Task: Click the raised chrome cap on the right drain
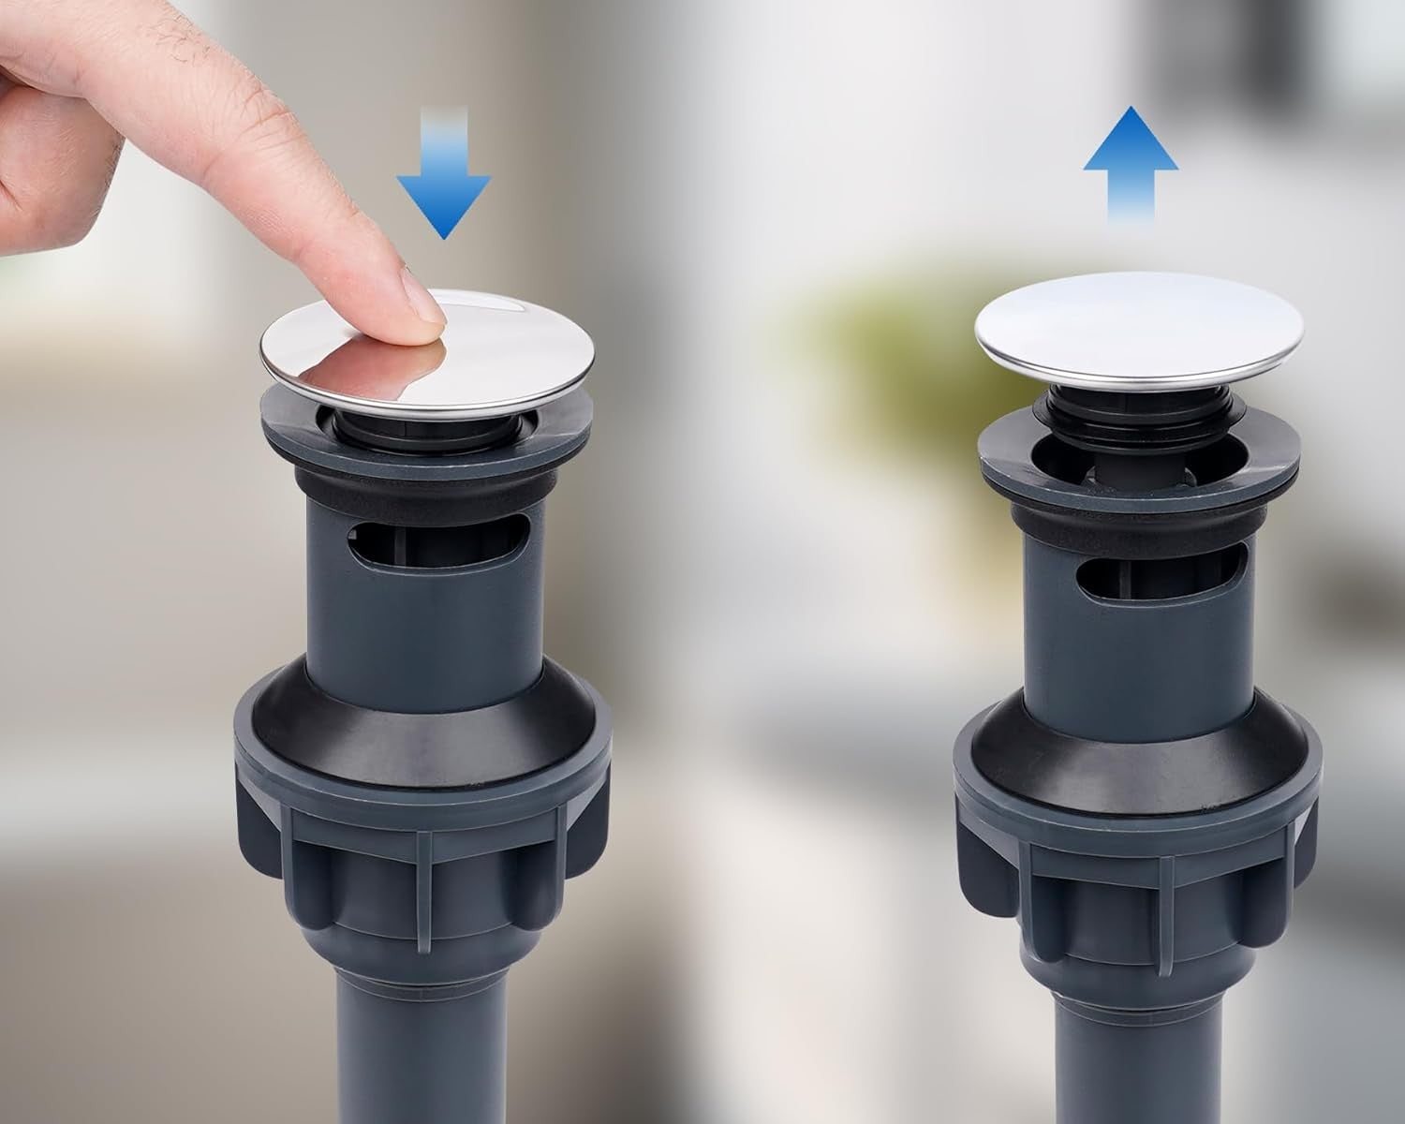[x=1139, y=333]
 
